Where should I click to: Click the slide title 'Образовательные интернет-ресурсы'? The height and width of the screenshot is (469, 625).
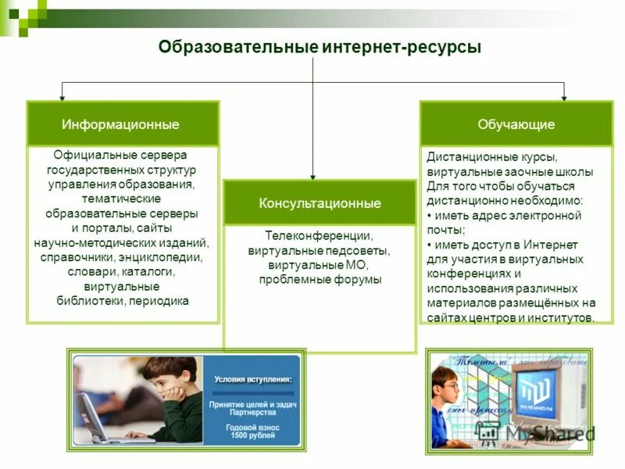[x=320, y=48]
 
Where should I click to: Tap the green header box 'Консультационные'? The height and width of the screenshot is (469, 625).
[x=320, y=203]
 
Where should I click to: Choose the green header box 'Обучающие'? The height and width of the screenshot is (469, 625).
[x=516, y=124]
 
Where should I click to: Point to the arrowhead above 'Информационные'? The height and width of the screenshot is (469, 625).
[x=61, y=96]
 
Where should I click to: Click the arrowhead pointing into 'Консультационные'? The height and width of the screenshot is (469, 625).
[x=312, y=176]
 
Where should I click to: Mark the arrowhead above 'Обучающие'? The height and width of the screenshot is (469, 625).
[x=563, y=96]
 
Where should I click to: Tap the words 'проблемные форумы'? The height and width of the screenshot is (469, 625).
[x=320, y=279]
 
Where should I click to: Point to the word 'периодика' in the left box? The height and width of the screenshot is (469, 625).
[x=160, y=301]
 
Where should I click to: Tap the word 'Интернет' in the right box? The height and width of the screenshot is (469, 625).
[x=545, y=245]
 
